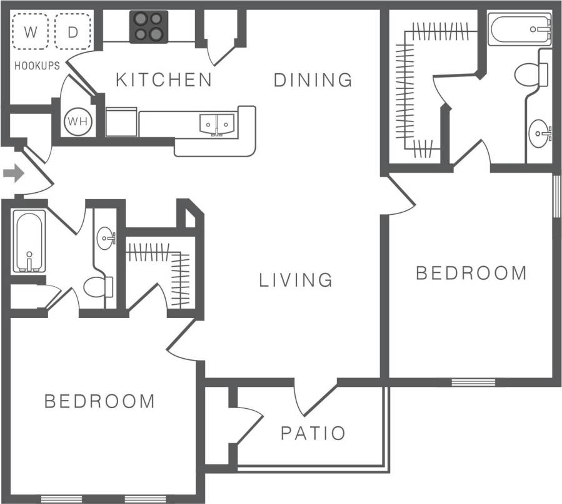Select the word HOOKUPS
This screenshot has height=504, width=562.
37,65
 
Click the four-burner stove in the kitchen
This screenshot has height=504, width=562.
149,26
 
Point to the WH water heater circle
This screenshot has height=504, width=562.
77,121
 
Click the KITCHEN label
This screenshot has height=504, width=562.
164,80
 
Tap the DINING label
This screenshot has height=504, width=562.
313,80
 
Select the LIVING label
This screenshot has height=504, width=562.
296,280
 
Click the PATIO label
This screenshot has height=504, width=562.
313,433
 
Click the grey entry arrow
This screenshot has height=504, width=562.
13,173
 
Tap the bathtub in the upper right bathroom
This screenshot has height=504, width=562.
519,30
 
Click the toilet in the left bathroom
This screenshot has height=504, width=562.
98,287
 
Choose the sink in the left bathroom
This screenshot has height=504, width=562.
106,238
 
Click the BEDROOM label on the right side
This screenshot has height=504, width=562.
471,273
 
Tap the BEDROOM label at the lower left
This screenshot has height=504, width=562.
99,401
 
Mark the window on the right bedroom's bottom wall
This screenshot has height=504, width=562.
473,381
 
